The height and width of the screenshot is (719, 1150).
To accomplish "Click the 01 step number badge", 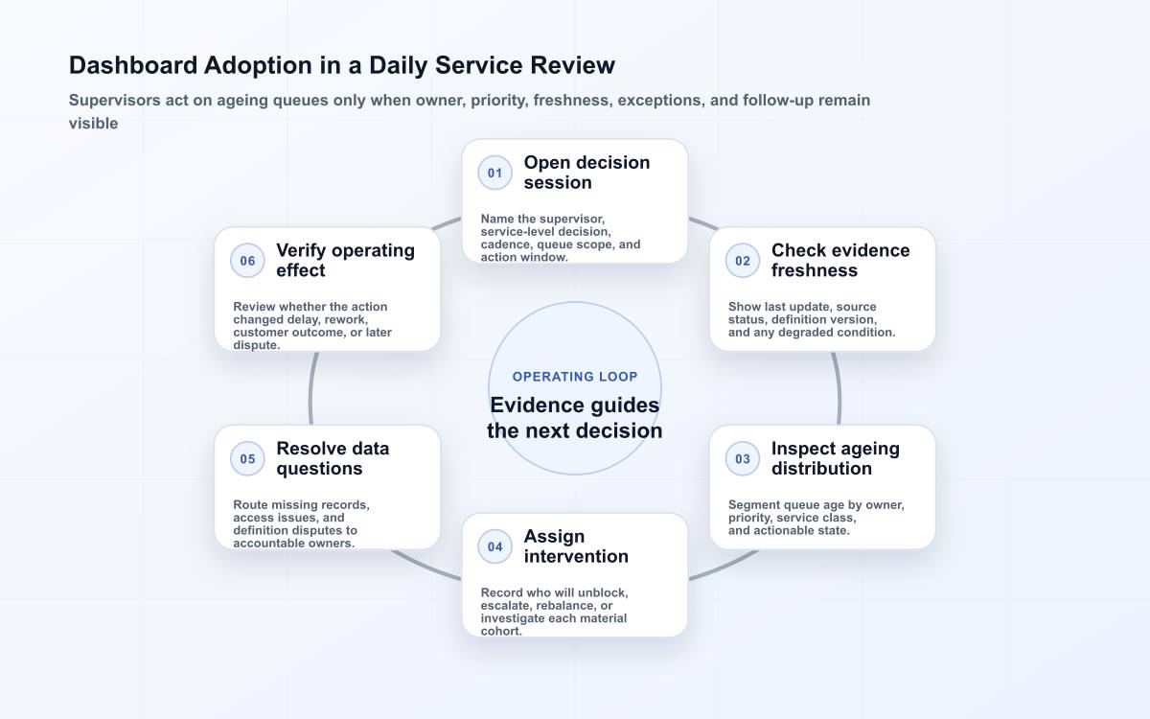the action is (x=494, y=173).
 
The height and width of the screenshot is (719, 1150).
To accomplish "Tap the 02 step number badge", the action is (x=743, y=261).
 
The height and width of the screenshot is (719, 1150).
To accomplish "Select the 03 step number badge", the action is (x=743, y=458).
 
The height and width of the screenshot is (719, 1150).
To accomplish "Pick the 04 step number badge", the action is (x=494, y=546).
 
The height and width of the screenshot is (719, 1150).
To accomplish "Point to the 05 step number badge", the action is (x=247, y=458).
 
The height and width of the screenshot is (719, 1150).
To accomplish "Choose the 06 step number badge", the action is (x=247, y=261).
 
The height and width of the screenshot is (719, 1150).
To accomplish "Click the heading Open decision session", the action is (x=586, y=173).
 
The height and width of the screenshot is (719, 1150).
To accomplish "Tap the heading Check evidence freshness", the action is (x=840, y=261).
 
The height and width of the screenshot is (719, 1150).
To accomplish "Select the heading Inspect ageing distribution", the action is (x=836, y=458).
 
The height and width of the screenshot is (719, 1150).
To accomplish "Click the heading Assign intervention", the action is (x=576, y=546).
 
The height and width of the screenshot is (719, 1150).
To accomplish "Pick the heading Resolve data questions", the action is (x=333, y=458).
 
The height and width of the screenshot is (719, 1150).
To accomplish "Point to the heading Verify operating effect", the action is (x=346, y=261).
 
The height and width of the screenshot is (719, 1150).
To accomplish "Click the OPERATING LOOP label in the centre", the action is (x=575, y=377).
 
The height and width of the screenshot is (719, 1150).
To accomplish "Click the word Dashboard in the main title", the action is (x=133, y=65).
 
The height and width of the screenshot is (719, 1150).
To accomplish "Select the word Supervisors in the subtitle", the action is (x=114, y=100).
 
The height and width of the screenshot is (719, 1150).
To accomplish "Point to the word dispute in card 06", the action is (x=255, y=345).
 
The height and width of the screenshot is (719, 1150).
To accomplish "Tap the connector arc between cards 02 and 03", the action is (x=838, y=388).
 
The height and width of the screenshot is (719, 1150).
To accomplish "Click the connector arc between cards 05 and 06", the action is (x=311, y=388).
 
